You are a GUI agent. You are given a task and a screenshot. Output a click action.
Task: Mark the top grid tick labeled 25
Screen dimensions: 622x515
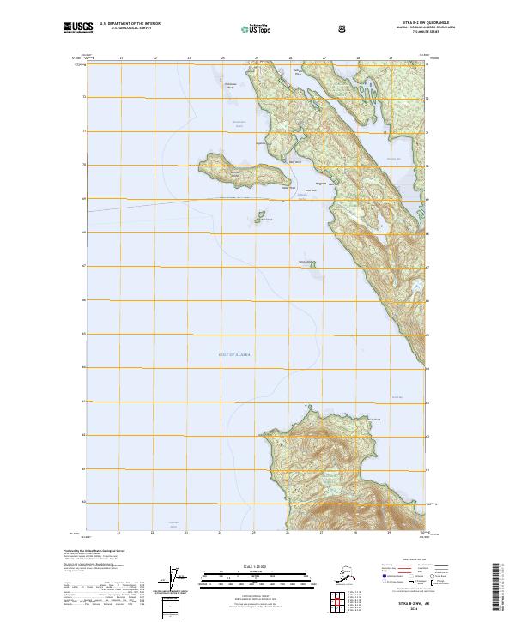(257, 58)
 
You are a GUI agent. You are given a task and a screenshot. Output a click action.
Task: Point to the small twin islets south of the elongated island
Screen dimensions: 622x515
(256, 216)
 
